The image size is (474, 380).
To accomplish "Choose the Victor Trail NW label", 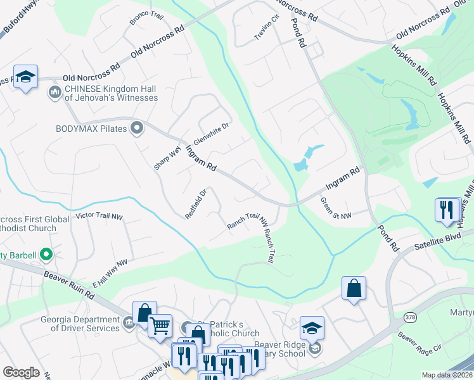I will click(x=98, y=216).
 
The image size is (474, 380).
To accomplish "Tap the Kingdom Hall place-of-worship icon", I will click(x=54, y=94).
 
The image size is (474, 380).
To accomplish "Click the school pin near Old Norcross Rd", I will click(x=25, y=77).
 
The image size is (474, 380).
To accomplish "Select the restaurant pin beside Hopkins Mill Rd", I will click(x=447, y=208).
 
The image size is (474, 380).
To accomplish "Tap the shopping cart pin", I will click(x=160, y=326).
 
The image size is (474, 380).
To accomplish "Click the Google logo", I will click(x=21, y=372).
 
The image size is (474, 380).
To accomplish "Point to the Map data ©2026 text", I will click(x=447, y=375).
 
